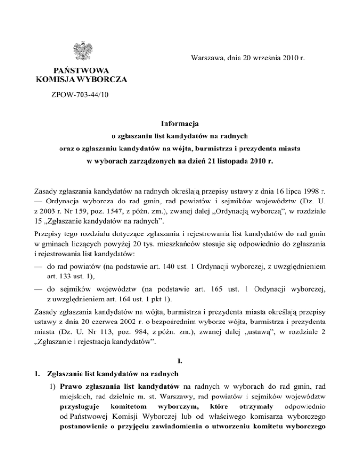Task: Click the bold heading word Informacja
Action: pyautogui.click(x=180, y=124)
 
